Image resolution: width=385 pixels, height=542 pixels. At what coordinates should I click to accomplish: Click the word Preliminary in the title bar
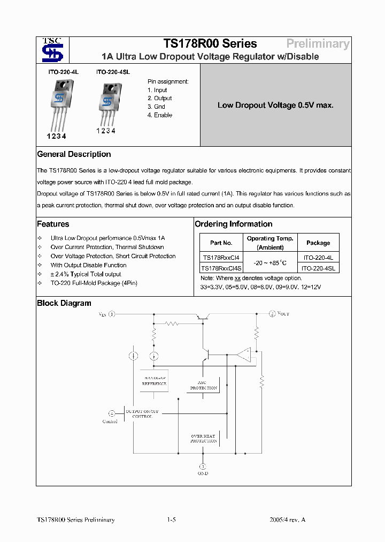click(x=318, y=44)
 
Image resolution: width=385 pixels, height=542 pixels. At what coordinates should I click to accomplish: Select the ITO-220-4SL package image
click(x=111, y=102)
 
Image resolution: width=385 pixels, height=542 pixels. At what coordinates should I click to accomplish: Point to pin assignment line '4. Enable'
click(x=160, y=115)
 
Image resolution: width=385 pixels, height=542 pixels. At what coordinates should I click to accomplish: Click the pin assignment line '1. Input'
click(x=157, y=90)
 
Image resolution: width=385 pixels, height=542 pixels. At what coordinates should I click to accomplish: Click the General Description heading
click(x=74, y=154)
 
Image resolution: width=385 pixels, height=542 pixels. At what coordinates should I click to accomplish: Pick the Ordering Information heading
click(x=234, y=224)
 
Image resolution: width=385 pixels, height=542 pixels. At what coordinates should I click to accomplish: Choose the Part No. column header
click(x=221, y=243)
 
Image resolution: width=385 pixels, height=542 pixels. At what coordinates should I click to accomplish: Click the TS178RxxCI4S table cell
click(x=221, y=268)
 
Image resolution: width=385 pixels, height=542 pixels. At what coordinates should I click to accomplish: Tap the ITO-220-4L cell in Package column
click(x=318, y=257)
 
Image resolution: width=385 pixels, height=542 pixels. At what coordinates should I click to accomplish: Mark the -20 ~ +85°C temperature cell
click(x=270, y=262)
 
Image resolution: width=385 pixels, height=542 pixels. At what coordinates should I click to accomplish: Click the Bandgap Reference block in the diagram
click(x=154, y=380)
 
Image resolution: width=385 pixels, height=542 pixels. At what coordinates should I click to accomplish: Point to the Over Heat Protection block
click(x=203, y=438)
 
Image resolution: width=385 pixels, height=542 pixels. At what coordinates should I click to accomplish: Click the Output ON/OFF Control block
click(x=142, y=413)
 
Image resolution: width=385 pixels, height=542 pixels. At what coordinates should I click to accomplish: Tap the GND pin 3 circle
click(x=203, y=466)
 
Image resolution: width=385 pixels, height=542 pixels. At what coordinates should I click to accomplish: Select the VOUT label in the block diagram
click(x=283, y=314)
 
